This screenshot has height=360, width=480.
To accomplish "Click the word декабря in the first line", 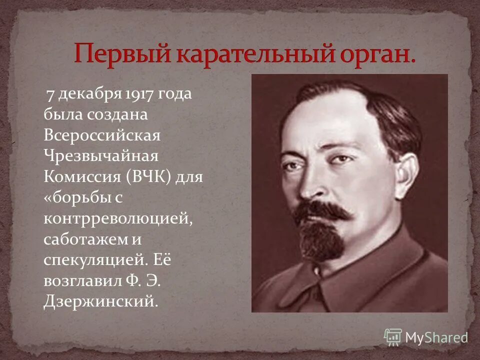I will coord(87,94).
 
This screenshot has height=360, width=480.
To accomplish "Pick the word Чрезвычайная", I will coord(101,156).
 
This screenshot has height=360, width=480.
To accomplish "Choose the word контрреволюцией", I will coord(118,219).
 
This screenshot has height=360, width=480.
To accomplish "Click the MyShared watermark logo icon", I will coord(393,336).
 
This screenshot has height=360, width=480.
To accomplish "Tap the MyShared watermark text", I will coord(436,337).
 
